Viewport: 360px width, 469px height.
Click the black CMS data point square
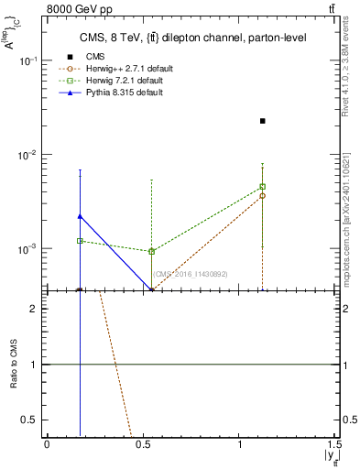[x=263, y=121]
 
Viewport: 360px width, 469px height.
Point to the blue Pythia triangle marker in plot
[x=81, y=216]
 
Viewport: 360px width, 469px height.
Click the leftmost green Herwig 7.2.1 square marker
[x=81, y=241]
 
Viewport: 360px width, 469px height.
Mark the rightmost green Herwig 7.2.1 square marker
[x=263, y=187]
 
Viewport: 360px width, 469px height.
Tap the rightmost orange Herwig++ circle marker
[x=263, y=196]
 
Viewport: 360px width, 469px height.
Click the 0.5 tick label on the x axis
[x=143, y=444]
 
